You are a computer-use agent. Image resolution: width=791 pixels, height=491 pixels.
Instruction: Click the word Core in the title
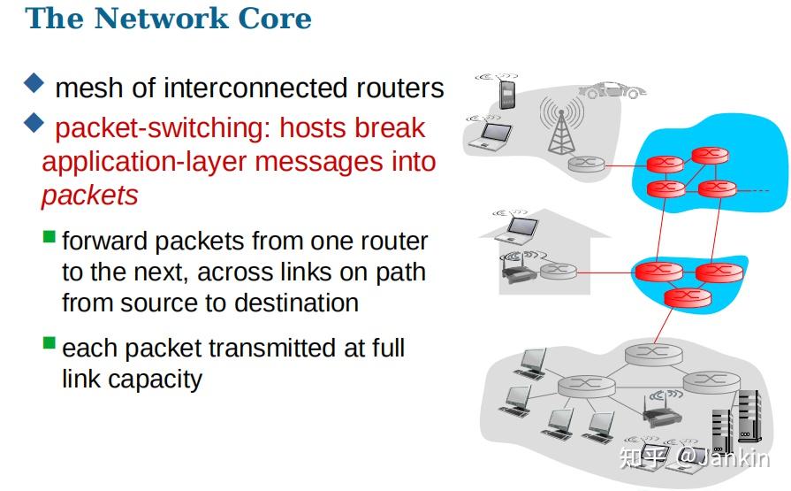(x=272, y=19)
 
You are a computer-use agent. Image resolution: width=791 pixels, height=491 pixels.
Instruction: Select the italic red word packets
(x=89, y=195)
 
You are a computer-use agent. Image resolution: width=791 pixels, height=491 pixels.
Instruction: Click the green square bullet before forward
(x=49, y=237)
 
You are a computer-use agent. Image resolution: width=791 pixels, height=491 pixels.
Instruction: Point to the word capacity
(x=156, y=380)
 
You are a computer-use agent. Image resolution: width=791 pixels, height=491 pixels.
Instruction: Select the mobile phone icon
(x=507, y=94)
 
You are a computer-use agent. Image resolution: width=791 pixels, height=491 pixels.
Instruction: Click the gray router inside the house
(x=558, y=271)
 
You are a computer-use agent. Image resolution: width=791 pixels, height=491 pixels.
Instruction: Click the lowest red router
(x=681, y=297)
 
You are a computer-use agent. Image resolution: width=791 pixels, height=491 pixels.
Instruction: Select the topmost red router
(x=710, y=156)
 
